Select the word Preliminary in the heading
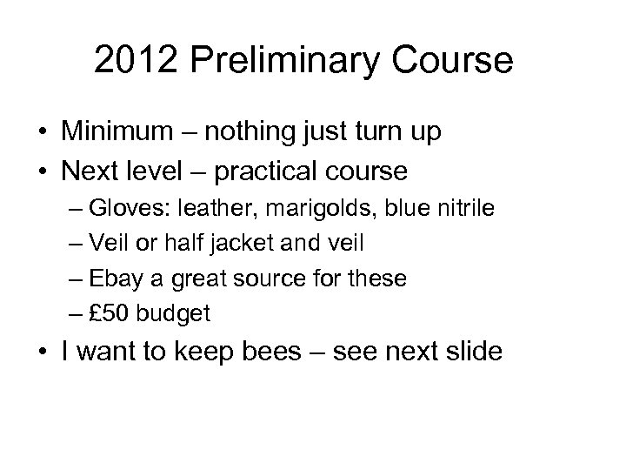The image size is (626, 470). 283,62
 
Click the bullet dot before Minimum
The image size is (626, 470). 41,133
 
